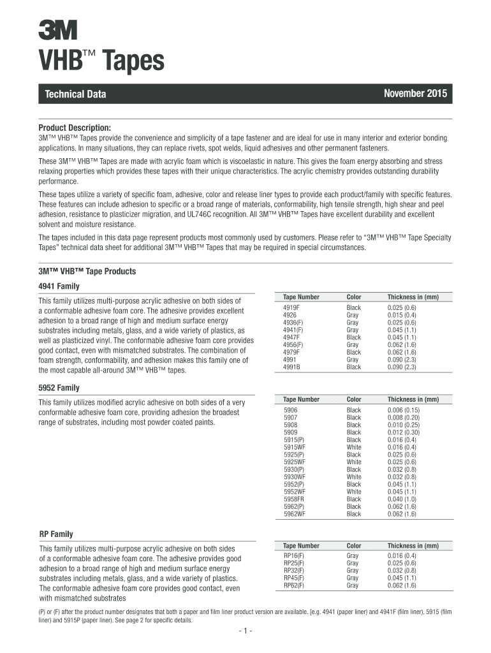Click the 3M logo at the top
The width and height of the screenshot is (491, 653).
point(57,29)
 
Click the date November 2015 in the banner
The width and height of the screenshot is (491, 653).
point(415,94)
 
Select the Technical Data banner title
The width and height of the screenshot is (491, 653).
point(75,95)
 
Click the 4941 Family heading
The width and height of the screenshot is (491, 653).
point(59,286)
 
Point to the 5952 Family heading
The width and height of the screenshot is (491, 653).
point(59,388)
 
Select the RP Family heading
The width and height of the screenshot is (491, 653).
point(56,534)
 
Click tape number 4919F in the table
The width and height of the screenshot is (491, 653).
point(291,307)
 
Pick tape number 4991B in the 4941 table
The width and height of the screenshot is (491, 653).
point(292,367)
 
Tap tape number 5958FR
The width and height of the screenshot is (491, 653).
point(294,499)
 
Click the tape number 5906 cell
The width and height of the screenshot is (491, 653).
point(291,410)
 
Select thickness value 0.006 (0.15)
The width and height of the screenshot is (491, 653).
point(404,410)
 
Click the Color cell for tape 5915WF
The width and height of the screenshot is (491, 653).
point(353,447)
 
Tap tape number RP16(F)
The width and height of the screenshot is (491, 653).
point(294,556)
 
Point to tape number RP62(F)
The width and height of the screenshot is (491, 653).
point(294,585)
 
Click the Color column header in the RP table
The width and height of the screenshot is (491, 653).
point(353,546)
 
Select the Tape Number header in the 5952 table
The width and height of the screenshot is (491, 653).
point(301,399)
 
